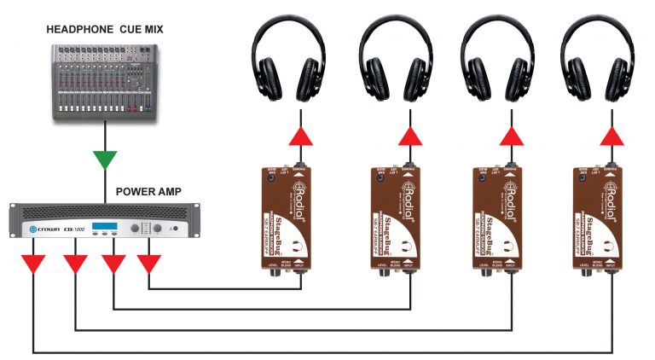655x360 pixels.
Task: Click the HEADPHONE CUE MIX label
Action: coord(105,30)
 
